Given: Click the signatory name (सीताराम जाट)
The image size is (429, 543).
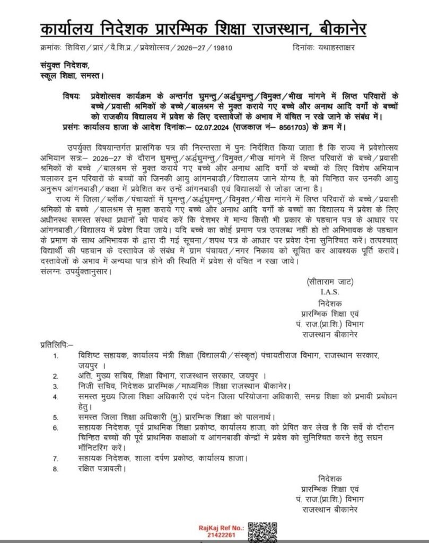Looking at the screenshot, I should tap(330, 282).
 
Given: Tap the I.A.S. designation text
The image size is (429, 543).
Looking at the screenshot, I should tap(329, 292).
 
